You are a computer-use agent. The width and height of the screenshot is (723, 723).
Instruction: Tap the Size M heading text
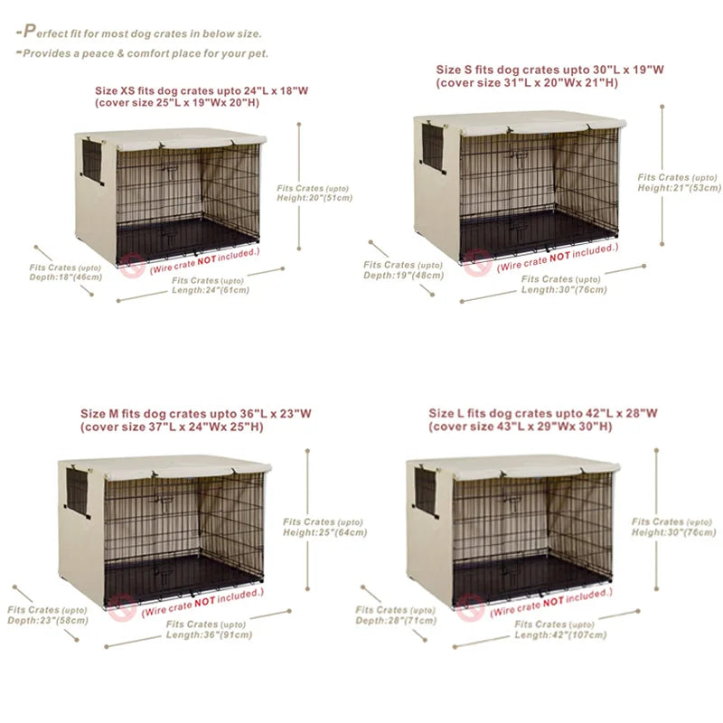[195, 414]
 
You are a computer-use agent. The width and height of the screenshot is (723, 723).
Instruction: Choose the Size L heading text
[543, 413]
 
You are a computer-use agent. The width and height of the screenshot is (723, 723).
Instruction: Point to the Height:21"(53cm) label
[679, 188]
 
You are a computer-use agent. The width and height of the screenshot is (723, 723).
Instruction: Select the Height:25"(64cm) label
[324, 532]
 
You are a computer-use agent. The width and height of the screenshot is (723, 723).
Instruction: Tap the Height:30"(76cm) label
[673, 532]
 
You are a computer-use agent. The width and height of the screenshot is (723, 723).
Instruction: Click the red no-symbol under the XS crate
[135, 266]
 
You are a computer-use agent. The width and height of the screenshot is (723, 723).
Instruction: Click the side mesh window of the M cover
[78, 489]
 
